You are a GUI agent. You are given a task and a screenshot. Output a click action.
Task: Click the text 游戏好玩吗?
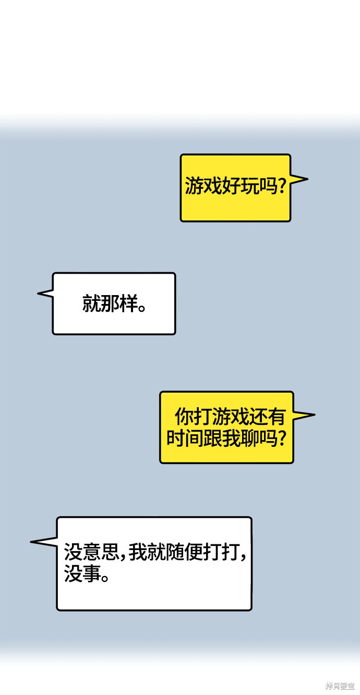(235, 186)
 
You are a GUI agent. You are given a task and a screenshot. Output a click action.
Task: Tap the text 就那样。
(114, 303)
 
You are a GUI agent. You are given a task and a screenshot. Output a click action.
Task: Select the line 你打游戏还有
(230, 417)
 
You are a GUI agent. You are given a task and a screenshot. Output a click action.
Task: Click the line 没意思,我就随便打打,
(155, 552)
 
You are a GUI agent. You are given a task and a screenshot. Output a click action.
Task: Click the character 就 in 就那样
(91, 303)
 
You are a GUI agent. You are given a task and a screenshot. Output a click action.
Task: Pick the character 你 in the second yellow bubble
(184, 417)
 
